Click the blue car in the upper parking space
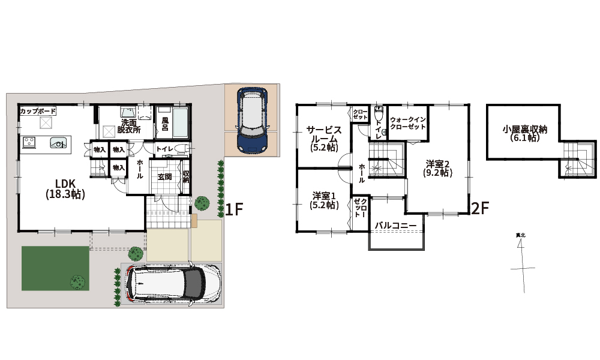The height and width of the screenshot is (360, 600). [x=252, y=120]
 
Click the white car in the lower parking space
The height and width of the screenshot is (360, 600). [x=174, y=284]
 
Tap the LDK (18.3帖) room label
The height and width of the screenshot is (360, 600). [x=65, y=188]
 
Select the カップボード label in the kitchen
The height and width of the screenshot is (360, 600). [x=38, y=112]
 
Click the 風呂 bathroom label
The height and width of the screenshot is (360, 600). [x=165, y=124]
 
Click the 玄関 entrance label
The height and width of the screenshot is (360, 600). [x=164, y=177]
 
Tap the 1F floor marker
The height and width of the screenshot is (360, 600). [x=234, y=209]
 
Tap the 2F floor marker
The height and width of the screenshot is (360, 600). [x=480, y=209]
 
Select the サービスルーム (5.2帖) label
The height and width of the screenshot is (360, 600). [x=324, y=139]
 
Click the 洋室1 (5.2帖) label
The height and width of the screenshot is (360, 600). [x=324, y=200]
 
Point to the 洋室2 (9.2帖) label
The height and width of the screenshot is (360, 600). [x=438, y=169]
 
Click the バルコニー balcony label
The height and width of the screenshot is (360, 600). [x=395, y=226]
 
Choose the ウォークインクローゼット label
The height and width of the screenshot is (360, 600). [x=408, y=123]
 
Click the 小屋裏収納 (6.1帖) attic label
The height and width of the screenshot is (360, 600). [x=524, y=134]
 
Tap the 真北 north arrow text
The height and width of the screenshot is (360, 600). [x=520, y=235]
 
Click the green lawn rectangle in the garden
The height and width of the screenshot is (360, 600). [x=55, y=268]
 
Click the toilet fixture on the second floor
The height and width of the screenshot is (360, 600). [x=379, y=113]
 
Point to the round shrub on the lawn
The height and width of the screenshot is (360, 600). [x=77, y=283]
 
